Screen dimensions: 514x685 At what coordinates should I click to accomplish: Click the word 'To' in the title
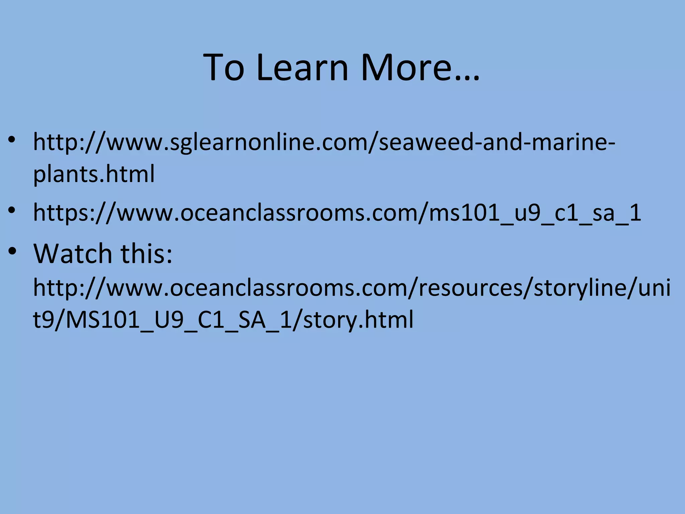[x=224, y=68]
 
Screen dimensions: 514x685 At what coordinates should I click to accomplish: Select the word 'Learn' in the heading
[x=303, y=68]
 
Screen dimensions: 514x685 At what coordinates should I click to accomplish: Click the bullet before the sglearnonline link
[x=12, y=140]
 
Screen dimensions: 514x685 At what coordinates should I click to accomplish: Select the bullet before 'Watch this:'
[x=12, y=251]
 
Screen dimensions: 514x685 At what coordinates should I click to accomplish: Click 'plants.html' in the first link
[x=94, y=174]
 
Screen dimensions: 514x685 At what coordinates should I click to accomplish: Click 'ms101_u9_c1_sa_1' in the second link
[x=535, y=213]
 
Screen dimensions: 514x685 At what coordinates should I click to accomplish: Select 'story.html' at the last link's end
[x=358, y=320]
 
